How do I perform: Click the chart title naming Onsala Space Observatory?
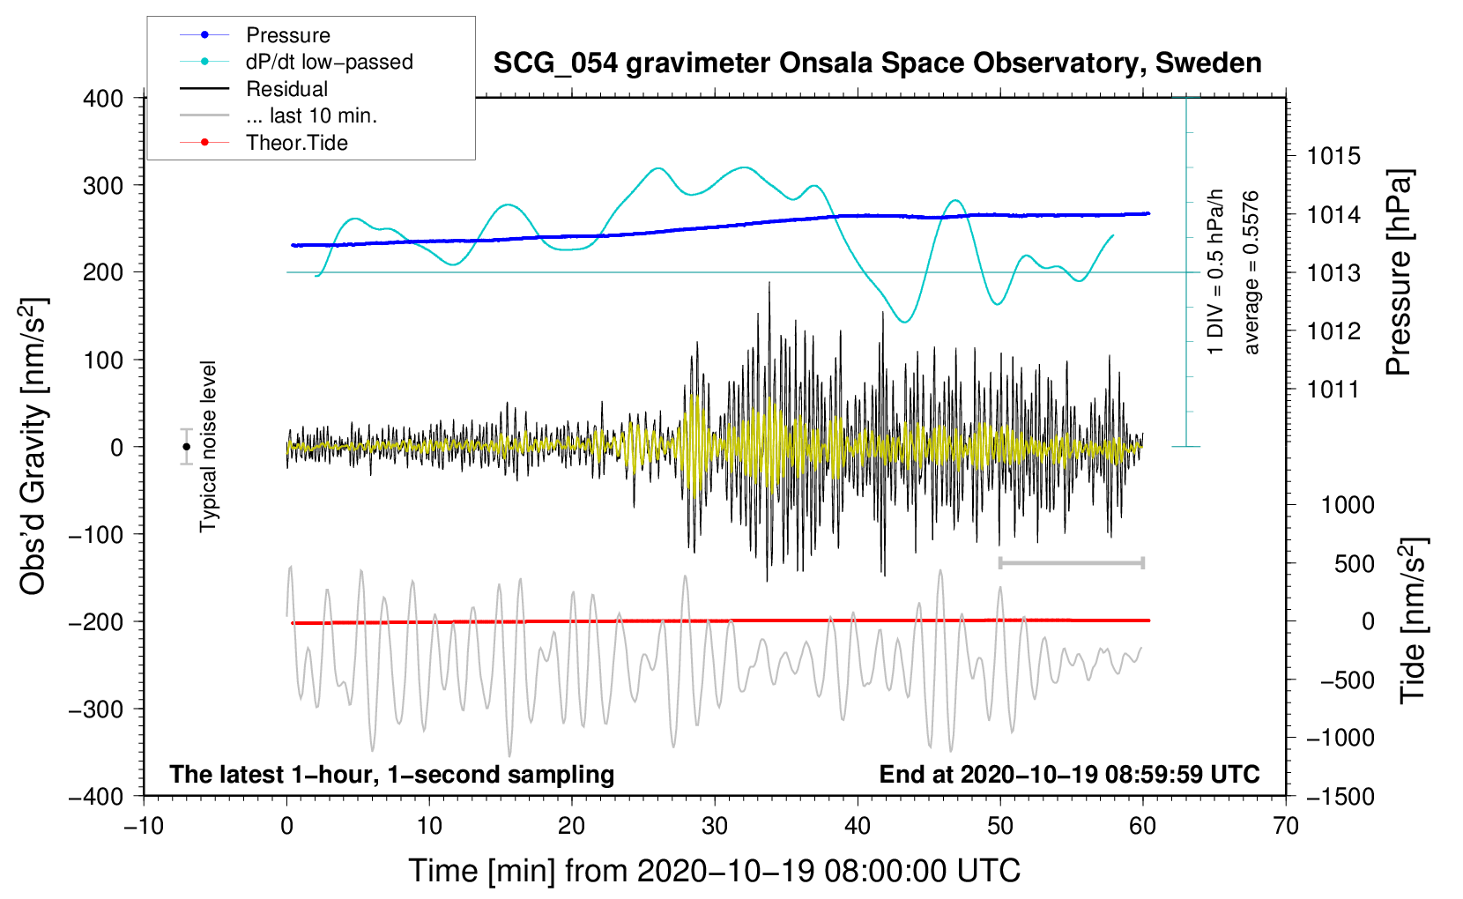point(877,63)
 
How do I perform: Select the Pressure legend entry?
point(256,34)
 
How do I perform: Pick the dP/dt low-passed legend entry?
point(296,62)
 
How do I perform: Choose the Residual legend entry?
point(254,88)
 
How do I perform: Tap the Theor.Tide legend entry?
point(264,142)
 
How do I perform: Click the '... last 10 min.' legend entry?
point(278,115)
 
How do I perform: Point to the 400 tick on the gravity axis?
point(103,99)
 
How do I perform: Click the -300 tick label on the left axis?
point(96,709)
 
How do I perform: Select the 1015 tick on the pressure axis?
point(1333,156)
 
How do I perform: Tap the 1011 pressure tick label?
point(1333,390)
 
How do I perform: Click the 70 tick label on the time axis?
point(1285,826)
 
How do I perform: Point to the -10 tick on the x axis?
point(144,826)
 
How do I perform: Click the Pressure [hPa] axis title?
point(1399,272)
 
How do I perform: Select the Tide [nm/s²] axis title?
point(1414,620)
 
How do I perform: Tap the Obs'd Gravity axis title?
point(33,447)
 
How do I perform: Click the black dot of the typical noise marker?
point(186,447)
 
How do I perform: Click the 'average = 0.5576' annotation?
point(1251,272)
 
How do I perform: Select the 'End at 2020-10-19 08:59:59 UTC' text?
point(1069,774)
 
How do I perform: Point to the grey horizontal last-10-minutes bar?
point(1071,563)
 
